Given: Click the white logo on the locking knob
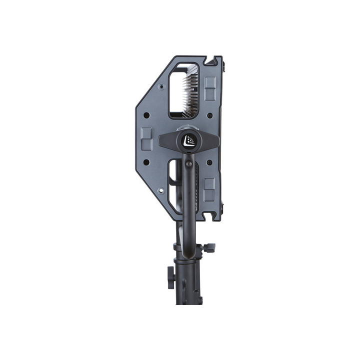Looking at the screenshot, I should (x=188, y=140).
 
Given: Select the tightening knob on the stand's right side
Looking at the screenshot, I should (x=210, y=247).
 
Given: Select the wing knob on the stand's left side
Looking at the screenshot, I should (x=169, y=274).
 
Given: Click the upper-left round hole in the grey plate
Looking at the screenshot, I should (x=146, y=115).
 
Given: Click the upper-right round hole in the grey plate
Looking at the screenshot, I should (x=209, y=115).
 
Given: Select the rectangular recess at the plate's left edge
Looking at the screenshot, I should (x=146, y=138).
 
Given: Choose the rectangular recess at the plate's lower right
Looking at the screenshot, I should (x=209, y=188).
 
